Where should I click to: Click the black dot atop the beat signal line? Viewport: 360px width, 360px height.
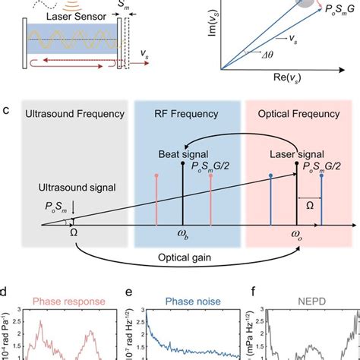pos(183,163)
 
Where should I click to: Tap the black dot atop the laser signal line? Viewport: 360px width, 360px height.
pos(295,163)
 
